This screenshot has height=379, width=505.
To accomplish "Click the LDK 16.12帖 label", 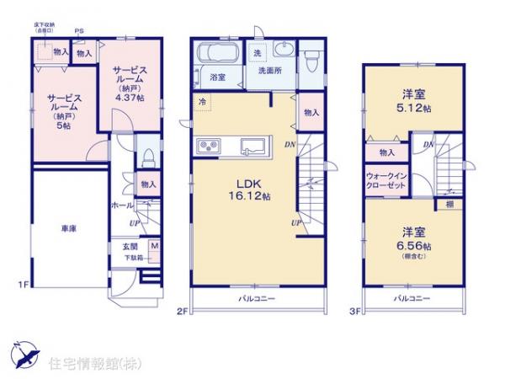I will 252,189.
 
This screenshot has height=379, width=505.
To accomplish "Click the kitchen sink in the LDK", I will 253,146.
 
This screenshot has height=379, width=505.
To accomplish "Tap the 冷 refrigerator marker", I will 202,102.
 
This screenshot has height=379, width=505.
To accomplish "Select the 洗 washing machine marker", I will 257,54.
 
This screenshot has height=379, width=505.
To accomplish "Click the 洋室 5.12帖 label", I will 412,100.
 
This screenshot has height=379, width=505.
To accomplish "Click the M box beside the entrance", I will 154,246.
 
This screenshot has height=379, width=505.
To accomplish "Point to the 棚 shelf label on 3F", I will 449,204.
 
